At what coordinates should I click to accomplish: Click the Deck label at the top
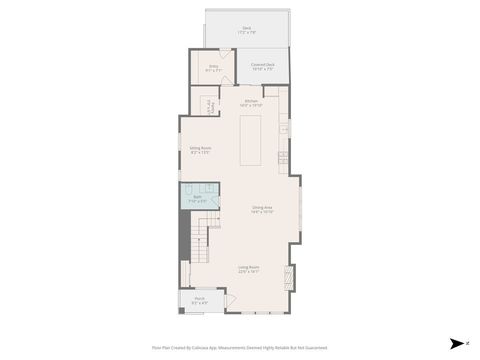[x=246, y=31]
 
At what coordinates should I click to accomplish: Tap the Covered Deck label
[x=263, y=68]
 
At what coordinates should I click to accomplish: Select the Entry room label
[x=213, y=68]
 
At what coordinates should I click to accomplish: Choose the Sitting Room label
[x=200, y=150]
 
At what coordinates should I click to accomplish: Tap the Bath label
[x=199, y=198]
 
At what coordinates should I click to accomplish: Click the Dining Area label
[x=262, y=209]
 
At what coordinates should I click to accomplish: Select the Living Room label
[x=249, y=268]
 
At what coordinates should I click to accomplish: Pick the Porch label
[x=199, y=299]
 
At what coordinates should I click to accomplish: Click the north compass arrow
[x=454, y=342]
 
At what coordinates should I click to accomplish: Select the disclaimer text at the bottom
[x=240, y=348]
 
